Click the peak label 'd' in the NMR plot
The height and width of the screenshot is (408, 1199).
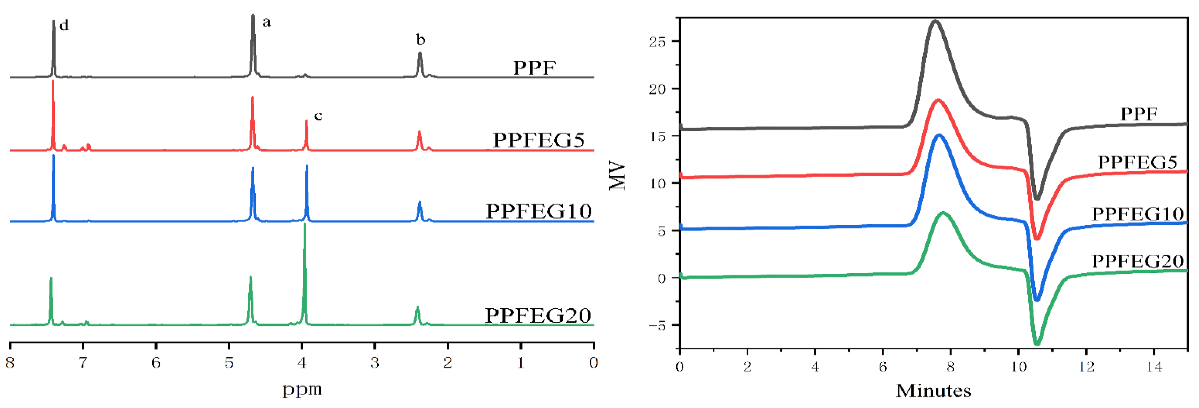pos(64,25)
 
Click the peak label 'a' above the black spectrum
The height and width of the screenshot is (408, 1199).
pos(266,22)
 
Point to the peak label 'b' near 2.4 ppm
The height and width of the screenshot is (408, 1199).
pos(420,40)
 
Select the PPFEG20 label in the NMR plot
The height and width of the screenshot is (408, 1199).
pos(538,315)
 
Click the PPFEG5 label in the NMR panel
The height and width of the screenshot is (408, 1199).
pos(539,140)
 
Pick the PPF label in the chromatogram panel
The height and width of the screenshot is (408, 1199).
pos(1139,114)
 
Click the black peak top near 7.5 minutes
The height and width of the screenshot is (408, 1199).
pos(934,21)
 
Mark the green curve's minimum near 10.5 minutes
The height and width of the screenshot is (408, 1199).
pos(1037,344)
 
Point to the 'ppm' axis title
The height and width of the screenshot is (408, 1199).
pos(302,389)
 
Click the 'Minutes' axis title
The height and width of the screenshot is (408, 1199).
pos(933,390)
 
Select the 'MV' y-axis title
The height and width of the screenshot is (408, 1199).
pos(617,175)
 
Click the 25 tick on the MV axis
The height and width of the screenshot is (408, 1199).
pos(657,42)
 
